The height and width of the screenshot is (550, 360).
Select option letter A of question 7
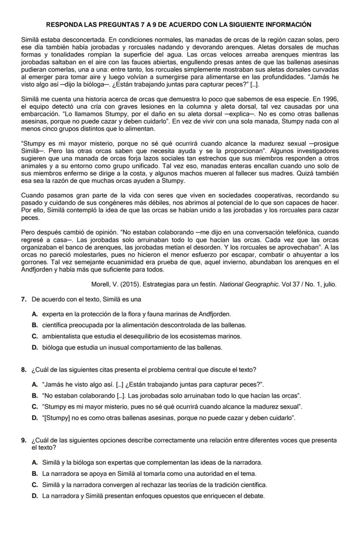[x=34, y=314]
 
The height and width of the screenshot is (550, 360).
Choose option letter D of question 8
[x=34, y=418]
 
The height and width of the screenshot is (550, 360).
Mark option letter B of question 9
[x=34, y=473]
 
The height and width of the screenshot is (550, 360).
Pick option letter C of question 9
[x=34, y=484]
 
